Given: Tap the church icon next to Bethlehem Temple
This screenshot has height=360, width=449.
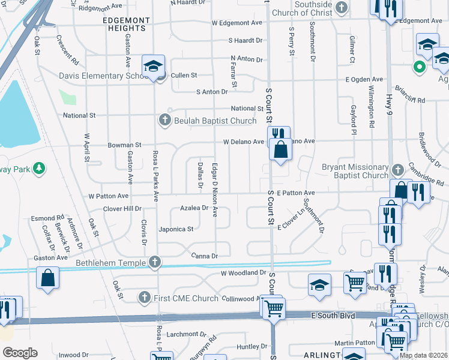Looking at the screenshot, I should click(x=155, y=262).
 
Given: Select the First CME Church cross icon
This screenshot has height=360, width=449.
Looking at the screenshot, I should click(x=144, y=297).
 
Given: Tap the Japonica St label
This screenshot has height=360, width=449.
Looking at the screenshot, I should click(x=175, y=229).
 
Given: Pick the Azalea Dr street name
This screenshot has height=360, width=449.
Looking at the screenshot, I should click(x=193, y=208).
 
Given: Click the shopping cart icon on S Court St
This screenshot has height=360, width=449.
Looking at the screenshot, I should click(x=274, y=309).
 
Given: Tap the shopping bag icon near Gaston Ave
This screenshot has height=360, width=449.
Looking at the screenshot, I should click(x=48, y=279).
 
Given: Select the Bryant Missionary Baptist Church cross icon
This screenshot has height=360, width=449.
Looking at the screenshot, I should click(x=397, y=170).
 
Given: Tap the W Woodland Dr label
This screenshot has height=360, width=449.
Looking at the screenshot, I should click(x=243, y=273).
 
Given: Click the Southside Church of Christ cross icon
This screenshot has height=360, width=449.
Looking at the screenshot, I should click(x=342, y=8).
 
